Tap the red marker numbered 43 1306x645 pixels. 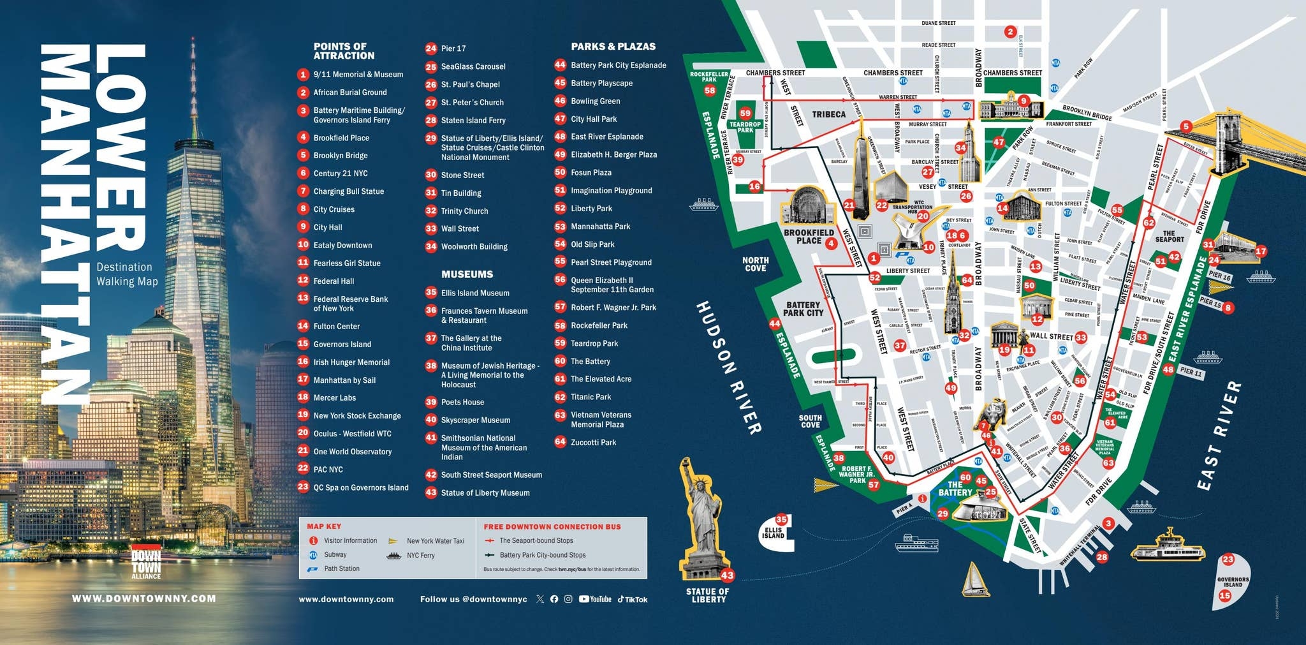[x=727, y=575]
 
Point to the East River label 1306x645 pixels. [x=1219, y=436]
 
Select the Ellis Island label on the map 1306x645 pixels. [x=773, y=533]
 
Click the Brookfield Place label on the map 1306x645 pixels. [x=809, y=237]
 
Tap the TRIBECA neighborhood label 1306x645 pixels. [x=828, y=115]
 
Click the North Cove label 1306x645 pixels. [x=755, y=264]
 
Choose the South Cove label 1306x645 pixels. [x=810, y=421]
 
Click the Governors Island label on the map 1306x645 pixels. [x=1233, y=582]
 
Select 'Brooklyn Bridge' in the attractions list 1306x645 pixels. [x=340, y=156]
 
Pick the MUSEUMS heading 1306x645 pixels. [x=467, y=274]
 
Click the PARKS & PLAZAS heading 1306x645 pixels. [x=613, y=47]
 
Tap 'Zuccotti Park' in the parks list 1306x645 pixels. [x=593, y=442]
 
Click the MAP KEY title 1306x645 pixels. [x=324, y=526]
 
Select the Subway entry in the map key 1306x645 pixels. [x=335, y=555]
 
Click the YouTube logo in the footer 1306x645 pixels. [x=595, y=599]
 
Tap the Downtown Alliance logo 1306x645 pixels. [x=146, y=562]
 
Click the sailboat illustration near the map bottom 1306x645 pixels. [x=974, y=579]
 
